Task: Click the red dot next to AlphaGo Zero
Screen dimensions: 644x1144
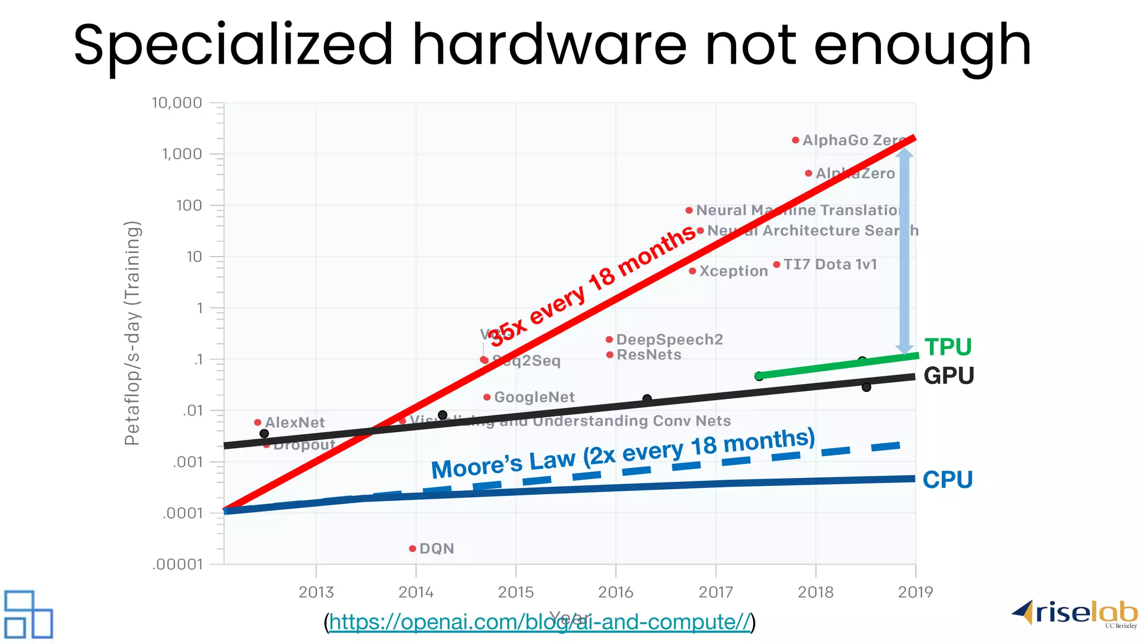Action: tap(795, 140)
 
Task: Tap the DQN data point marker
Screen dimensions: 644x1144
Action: tap(412, 548)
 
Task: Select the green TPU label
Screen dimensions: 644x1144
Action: tap(948, 347)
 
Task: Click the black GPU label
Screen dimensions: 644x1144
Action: tap(948, 376)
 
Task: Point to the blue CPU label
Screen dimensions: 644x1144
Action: tap(947, 480)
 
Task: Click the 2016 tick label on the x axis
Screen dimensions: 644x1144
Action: tap(616, 592)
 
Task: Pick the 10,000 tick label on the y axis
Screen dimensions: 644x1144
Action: tap(177, 103)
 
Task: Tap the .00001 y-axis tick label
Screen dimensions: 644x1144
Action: tap(178, 564)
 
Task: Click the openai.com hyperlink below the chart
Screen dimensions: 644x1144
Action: tap(539, 622)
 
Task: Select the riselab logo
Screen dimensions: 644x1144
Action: tap(1075, 614)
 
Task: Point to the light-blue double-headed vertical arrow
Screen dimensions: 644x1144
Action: tap(904, 252)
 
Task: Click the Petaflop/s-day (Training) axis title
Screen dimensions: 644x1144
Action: tap(132, 333)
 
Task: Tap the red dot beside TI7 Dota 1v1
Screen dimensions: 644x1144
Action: tap(776, 264)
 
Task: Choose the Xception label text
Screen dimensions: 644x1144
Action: tap(733, 271)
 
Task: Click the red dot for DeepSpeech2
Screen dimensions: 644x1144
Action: tap(609, 339)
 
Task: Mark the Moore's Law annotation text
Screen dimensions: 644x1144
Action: tap(623, 453)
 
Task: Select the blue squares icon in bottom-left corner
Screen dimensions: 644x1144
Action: tap(28, 614)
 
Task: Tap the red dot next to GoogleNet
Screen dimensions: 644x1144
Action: tap(487, 397)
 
